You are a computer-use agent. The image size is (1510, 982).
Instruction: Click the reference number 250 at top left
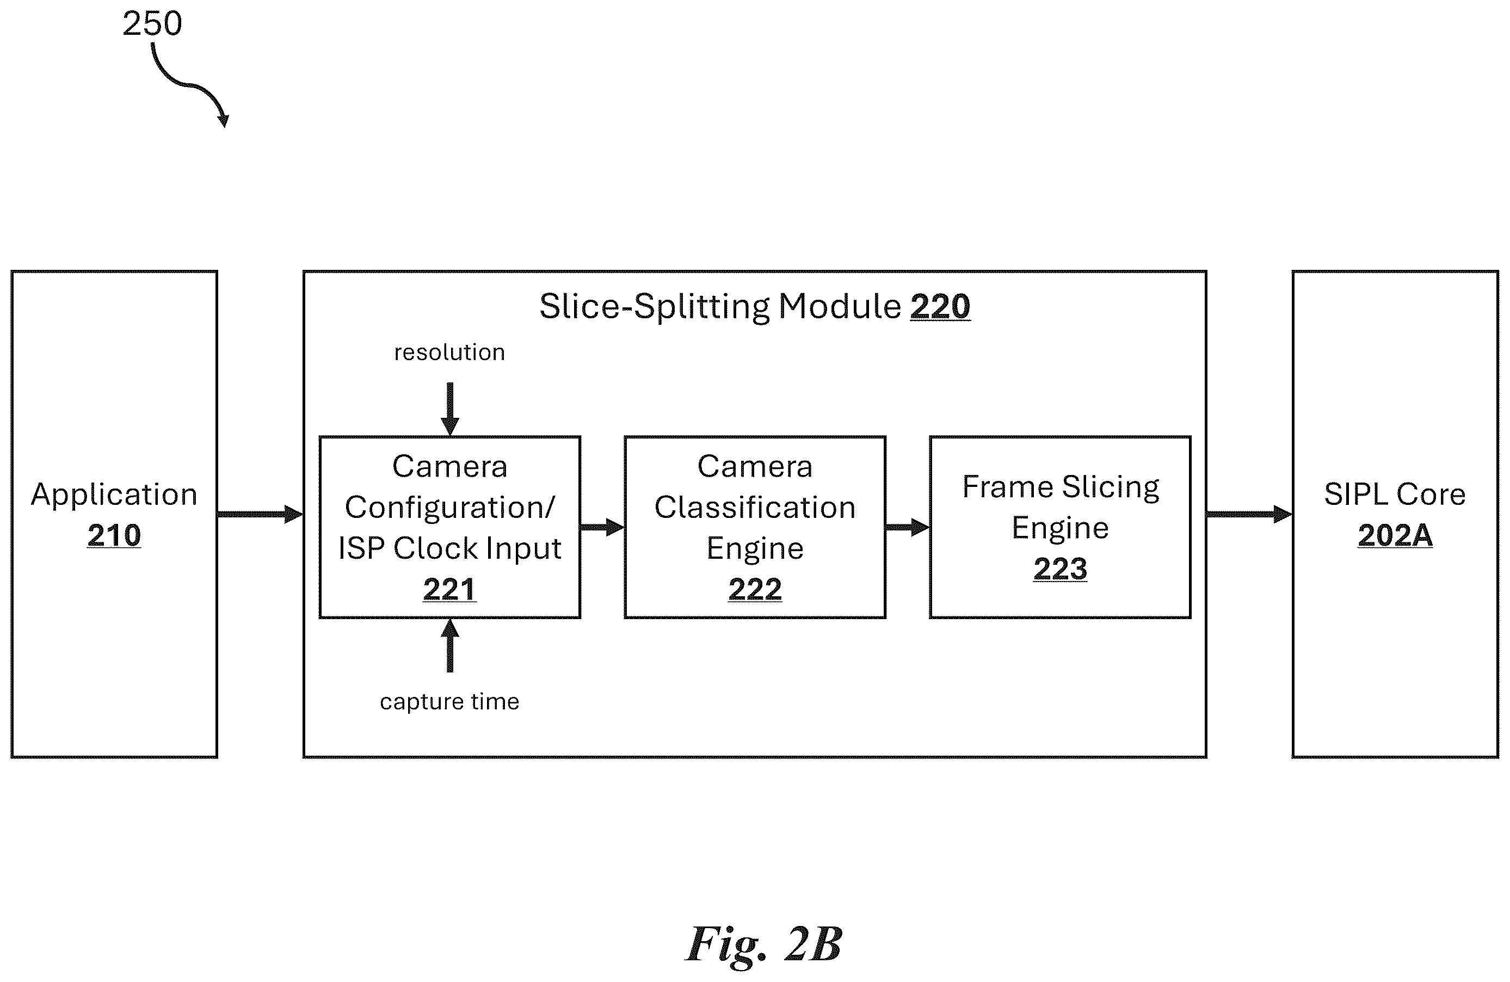tap(152, 23)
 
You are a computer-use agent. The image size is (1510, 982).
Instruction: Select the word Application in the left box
tap(114, 495)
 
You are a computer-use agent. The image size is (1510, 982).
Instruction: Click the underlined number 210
tap(114, 535)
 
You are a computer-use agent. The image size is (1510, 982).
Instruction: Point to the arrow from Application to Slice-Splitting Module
tap(260, 514)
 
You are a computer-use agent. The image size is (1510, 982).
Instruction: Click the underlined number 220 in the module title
tap(940, 306)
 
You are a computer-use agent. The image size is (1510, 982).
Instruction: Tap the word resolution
tap(450, 352)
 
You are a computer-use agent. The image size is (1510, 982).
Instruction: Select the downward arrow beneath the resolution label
tap(450, 409)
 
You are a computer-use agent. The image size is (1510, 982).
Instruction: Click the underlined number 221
tap(450, 589)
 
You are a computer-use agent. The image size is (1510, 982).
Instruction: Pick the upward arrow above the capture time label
tap(450, 645)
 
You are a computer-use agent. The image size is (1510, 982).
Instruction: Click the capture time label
tap(450, 702)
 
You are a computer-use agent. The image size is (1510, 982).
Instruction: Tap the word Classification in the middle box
tap(755, 508)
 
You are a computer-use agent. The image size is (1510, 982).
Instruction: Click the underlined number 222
tap(755, 589)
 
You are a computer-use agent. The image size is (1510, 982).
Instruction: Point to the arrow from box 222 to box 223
tap(907, 527)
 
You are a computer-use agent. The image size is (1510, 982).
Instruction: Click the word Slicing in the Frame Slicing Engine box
tap(1111, 488)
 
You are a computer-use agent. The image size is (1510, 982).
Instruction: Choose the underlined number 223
tap(1060, 569)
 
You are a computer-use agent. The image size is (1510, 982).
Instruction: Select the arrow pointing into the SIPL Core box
tap(1249, 514)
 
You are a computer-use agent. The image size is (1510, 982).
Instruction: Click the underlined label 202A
tap(1395, 535)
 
